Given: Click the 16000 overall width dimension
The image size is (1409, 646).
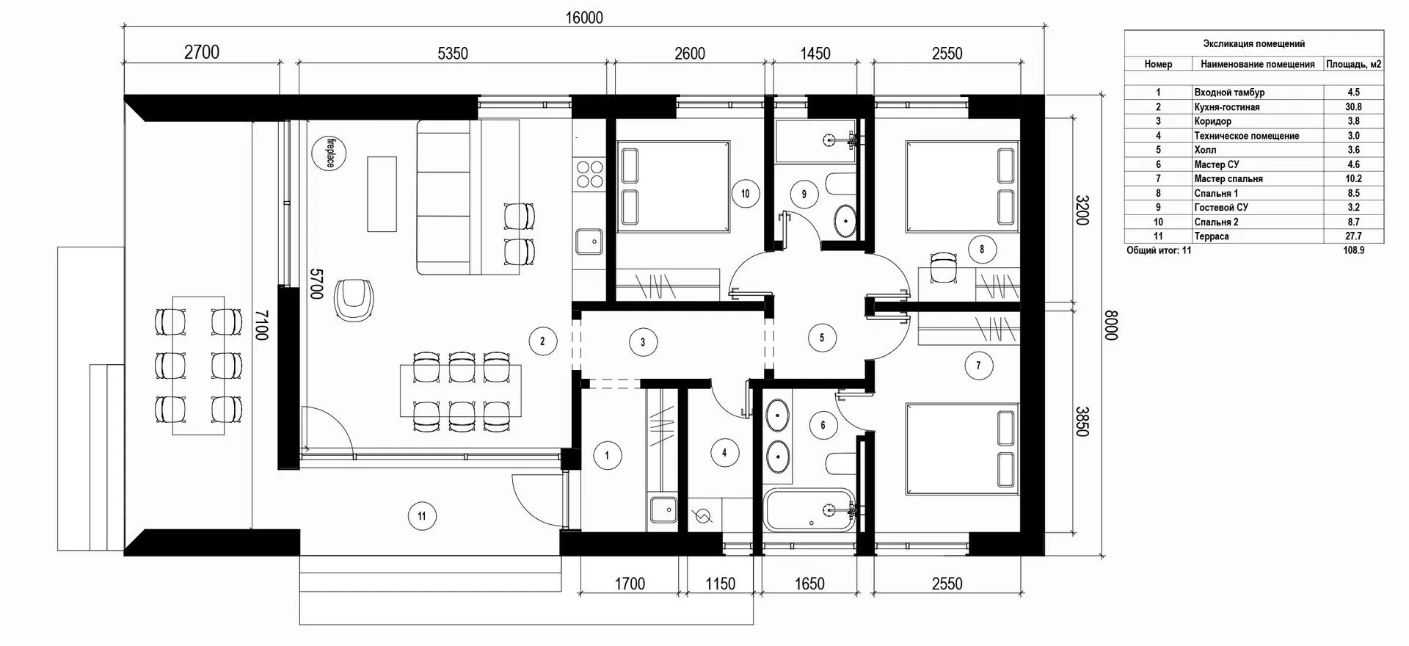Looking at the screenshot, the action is pyautogui.click(x=584, y=18).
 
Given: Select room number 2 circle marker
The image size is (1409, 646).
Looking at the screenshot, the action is pyautogui.click(x=542, y=341).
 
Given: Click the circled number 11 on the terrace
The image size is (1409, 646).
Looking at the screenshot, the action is pyautogui.click(x=422, y=516).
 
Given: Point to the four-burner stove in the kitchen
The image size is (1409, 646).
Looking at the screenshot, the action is pyautogui.click(x=589, y=174).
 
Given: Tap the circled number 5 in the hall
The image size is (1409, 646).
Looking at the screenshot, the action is pyautogui.click(x=822, y=338).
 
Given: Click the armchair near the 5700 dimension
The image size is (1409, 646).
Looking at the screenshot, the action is pyautogui.click(x=354, y=299).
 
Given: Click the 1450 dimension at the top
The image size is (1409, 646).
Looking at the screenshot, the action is pyautogui.click(x=815, y=54).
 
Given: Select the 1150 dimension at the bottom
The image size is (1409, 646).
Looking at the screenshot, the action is pyautogui.click(x=720, y=584).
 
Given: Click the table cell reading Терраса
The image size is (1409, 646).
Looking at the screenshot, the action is pyautogui.click(x=1212, y=236).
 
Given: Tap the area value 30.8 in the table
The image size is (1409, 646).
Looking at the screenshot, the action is pyautogui.click(x=1353, y=107).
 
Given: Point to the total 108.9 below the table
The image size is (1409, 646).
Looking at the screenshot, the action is pyautogui.click(x=1353, y=250).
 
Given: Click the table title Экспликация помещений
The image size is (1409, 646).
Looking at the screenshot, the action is pyautogui.click(x=1253, y=44).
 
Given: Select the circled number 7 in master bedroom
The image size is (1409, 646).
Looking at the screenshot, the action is pyautogui.click(x=978, y=365).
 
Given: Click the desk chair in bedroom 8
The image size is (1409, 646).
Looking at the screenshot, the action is pyautogui.click(x=942, y=268).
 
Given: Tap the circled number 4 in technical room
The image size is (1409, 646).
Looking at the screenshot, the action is pyautogui.click(x=724, y=453).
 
